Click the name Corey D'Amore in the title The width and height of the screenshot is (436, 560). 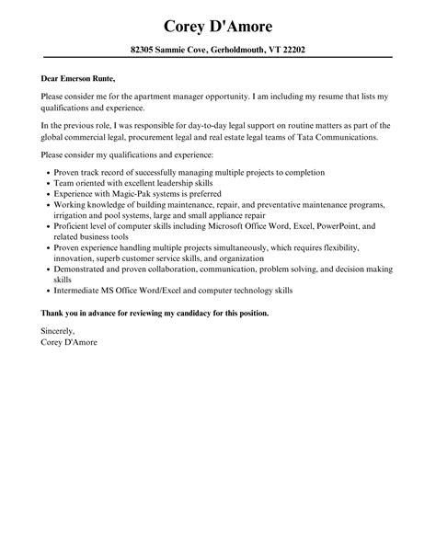coord(218,24)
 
